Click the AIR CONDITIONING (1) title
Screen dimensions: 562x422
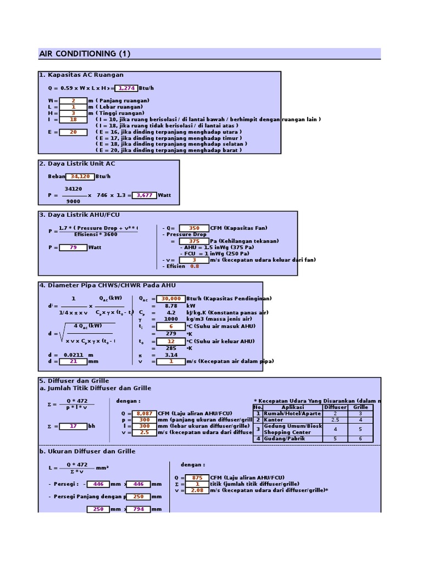click(x=85, y=54)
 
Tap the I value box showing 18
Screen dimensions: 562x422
click(x=73, y=119)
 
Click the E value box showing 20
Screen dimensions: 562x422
click(x=73, y=132)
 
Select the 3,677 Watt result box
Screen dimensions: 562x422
click(x=144, y=195)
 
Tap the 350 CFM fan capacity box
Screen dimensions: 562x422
click(x=193, y=228)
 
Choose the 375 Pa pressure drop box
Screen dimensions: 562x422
click(x=193, y=241)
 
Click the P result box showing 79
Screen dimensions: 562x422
click(x=73, y=248)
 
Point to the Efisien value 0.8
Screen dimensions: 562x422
click(x=195, y=266)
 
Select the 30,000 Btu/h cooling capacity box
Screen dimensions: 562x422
click(x=171, y=299)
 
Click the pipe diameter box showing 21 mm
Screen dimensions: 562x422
click(x=73, y=361)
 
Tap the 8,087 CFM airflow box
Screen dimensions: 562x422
click(x=144, y=413)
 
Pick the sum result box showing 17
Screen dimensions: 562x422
click(x=73, y=426)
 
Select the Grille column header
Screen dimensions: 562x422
click(x=360, y=407)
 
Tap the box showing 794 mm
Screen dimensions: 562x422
click(x=138, y=509)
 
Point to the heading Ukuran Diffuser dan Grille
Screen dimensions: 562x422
click(x=91, y=452)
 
